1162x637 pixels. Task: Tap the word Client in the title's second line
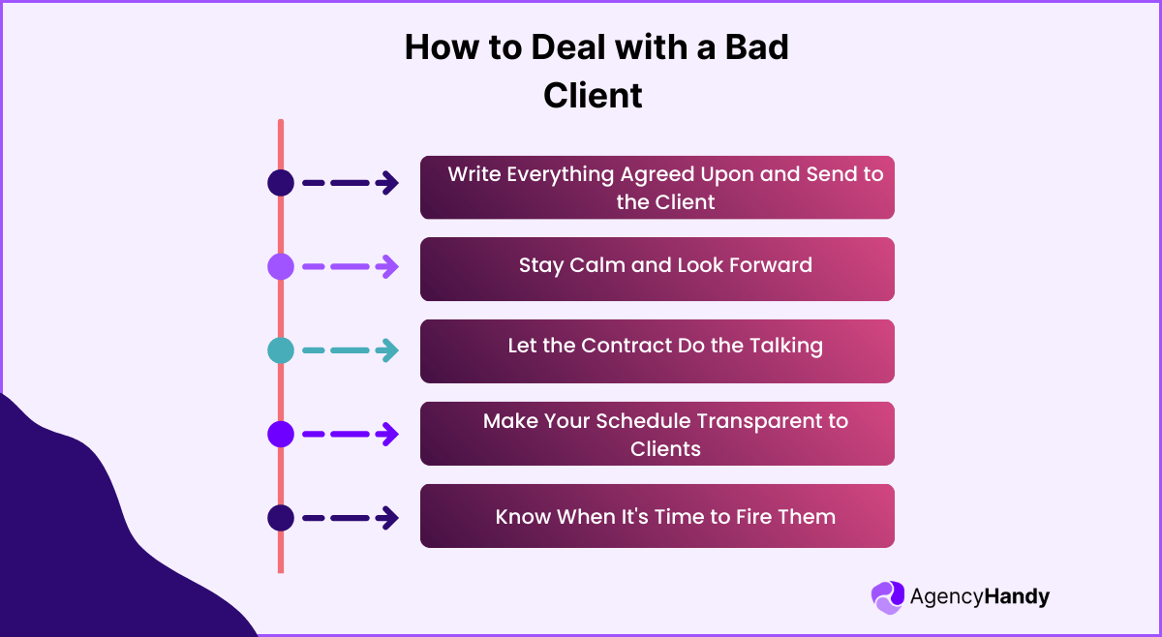[593, 96]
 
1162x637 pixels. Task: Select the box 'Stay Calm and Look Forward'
[657, 268]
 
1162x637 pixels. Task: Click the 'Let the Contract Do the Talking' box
[657, 350]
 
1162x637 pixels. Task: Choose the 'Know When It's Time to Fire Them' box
[657, 516]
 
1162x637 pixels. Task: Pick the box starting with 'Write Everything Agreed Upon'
[657, 187]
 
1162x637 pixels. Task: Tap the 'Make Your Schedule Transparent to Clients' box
[657, 434]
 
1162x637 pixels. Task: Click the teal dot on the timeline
[281, 350]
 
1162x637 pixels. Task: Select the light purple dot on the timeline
[281, 266]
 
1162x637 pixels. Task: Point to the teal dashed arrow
[350, 350]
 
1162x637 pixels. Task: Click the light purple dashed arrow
[350, 266]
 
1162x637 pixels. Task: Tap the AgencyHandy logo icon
[887, 597]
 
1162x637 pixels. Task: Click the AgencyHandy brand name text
[979, 597]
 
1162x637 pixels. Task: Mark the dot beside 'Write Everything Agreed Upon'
[281, 183]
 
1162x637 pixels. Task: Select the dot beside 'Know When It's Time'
[281, 518]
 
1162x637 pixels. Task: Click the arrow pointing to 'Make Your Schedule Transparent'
[350, 435]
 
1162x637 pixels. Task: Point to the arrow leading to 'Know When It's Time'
[350, 518]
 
